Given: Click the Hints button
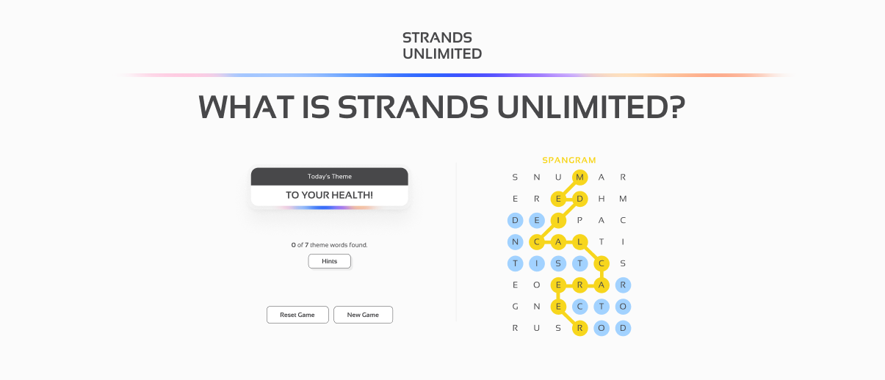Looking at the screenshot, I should click(x=329, y=261).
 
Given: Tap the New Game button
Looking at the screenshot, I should click(x=363, y=315).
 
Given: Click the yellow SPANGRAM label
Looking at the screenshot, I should click(x=568, y=160).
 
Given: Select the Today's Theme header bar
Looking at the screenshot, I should click(x=329, y=177).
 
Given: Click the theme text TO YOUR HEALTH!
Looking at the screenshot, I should click(x=329, y=195).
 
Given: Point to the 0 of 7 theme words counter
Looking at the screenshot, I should click(x=329, y=245).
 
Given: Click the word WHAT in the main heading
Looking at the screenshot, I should click(x=246, y=108).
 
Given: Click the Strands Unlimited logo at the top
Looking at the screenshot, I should click(x=442, y=45).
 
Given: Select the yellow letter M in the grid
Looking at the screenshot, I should click(x=579, y=177).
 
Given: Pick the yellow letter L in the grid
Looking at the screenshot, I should click(x=579, y=241).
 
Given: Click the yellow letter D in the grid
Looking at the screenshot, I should click(x=579, y=199).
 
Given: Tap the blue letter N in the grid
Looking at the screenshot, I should click(x=515, y=241).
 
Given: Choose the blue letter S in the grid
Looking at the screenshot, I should click(x=558, y=263).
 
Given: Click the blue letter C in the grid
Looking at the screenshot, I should click(x=579, y=307).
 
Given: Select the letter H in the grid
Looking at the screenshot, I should click(x=602, y=199).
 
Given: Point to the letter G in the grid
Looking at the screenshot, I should click(x=515, y=307).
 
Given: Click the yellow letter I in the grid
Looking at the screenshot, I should click(x=558, y=220).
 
